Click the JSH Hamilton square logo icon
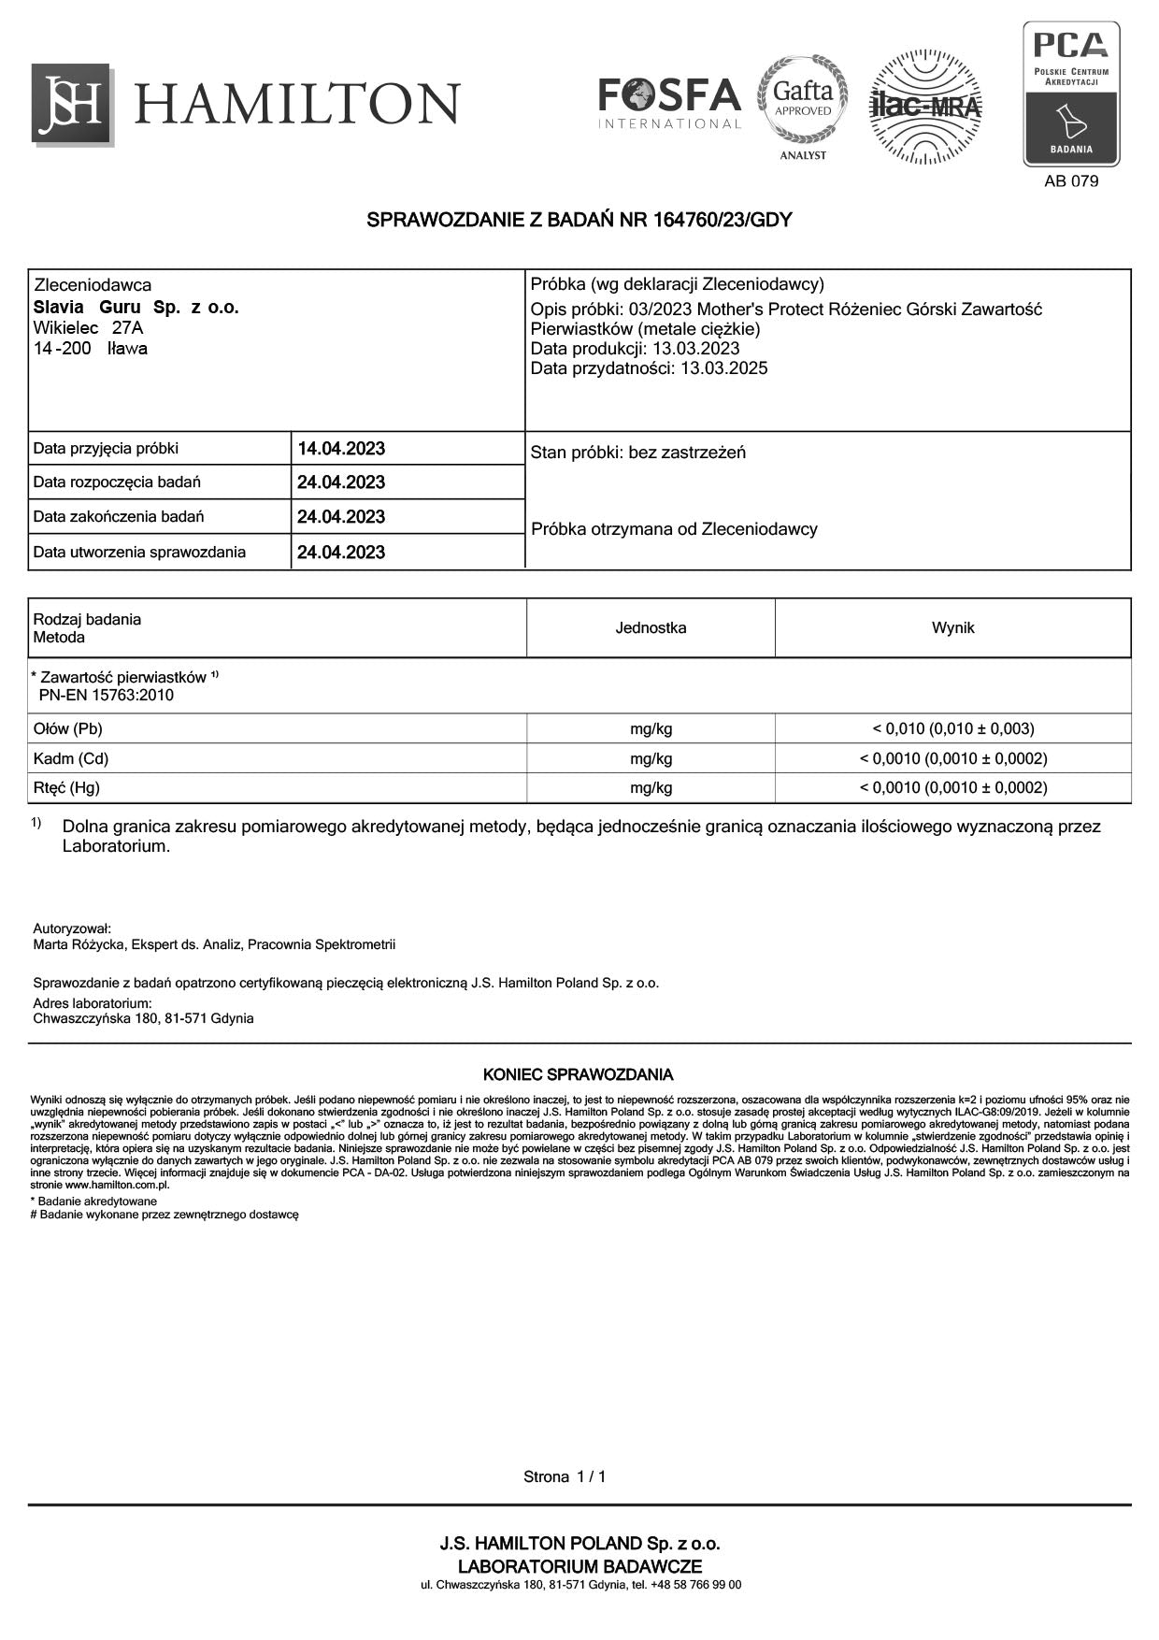pos(72,104)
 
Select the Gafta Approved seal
pos(803,101)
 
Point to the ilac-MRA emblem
pos(924,106)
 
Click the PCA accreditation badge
pos(1071,94)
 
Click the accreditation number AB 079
pos(1071,181)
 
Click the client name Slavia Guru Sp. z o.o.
pos(136,308)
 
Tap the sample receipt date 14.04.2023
pos(341,449)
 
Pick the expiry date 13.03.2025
pos(723,368)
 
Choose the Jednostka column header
pos(651,628)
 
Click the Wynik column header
pos(952,628)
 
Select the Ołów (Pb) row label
pos(68,729)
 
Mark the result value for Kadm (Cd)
pos(952,759)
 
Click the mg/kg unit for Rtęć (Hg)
pos(651,788)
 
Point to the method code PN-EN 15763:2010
pos(106,696)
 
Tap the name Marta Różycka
pos(79,945)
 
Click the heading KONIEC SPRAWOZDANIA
pos(578,1075)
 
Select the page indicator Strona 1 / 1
pos(565,1477)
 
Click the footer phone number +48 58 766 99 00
pos(696,1585)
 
